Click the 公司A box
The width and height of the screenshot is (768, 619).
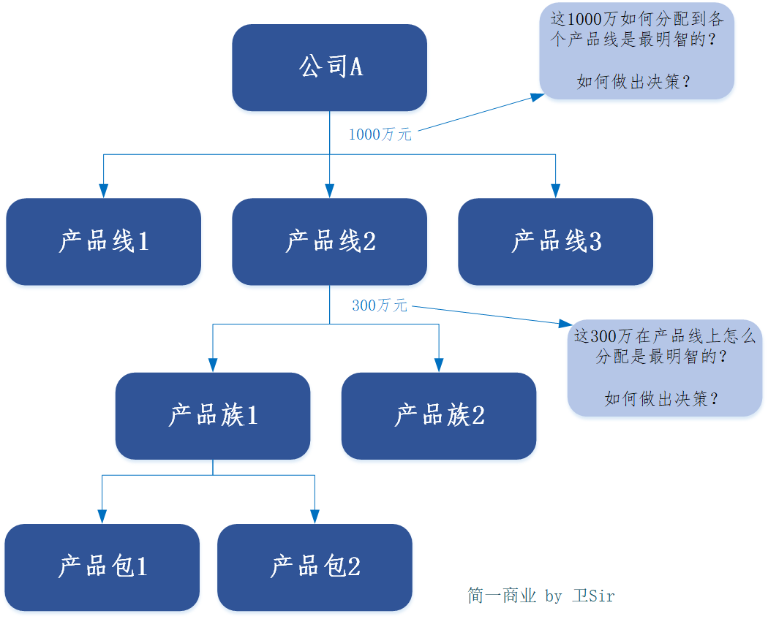point(329,67)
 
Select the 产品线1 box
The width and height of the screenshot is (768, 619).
point(103,241)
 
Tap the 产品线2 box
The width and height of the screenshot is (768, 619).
point(329,241)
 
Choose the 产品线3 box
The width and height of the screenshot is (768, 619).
point(555,241)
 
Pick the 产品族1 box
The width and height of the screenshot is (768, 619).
point(213,416)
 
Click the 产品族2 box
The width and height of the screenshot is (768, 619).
point(439,416)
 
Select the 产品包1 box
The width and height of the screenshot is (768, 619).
point(102,567)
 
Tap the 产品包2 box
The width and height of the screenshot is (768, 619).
point(315,567)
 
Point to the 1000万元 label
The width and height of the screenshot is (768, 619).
point(380,134)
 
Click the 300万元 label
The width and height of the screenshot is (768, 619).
point(379,305)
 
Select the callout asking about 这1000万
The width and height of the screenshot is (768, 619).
point(636,50)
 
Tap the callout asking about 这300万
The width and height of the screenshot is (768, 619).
point(664,368)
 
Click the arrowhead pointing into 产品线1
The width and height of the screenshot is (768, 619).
point(103,191)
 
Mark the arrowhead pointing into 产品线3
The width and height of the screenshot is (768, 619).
point(555,191)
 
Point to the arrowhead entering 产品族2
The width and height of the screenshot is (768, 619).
point(439,365)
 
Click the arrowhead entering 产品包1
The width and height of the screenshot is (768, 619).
point(102,517)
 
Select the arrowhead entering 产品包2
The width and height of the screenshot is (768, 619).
point(315,517)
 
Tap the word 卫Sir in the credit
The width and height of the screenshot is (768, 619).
point(593,596)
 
